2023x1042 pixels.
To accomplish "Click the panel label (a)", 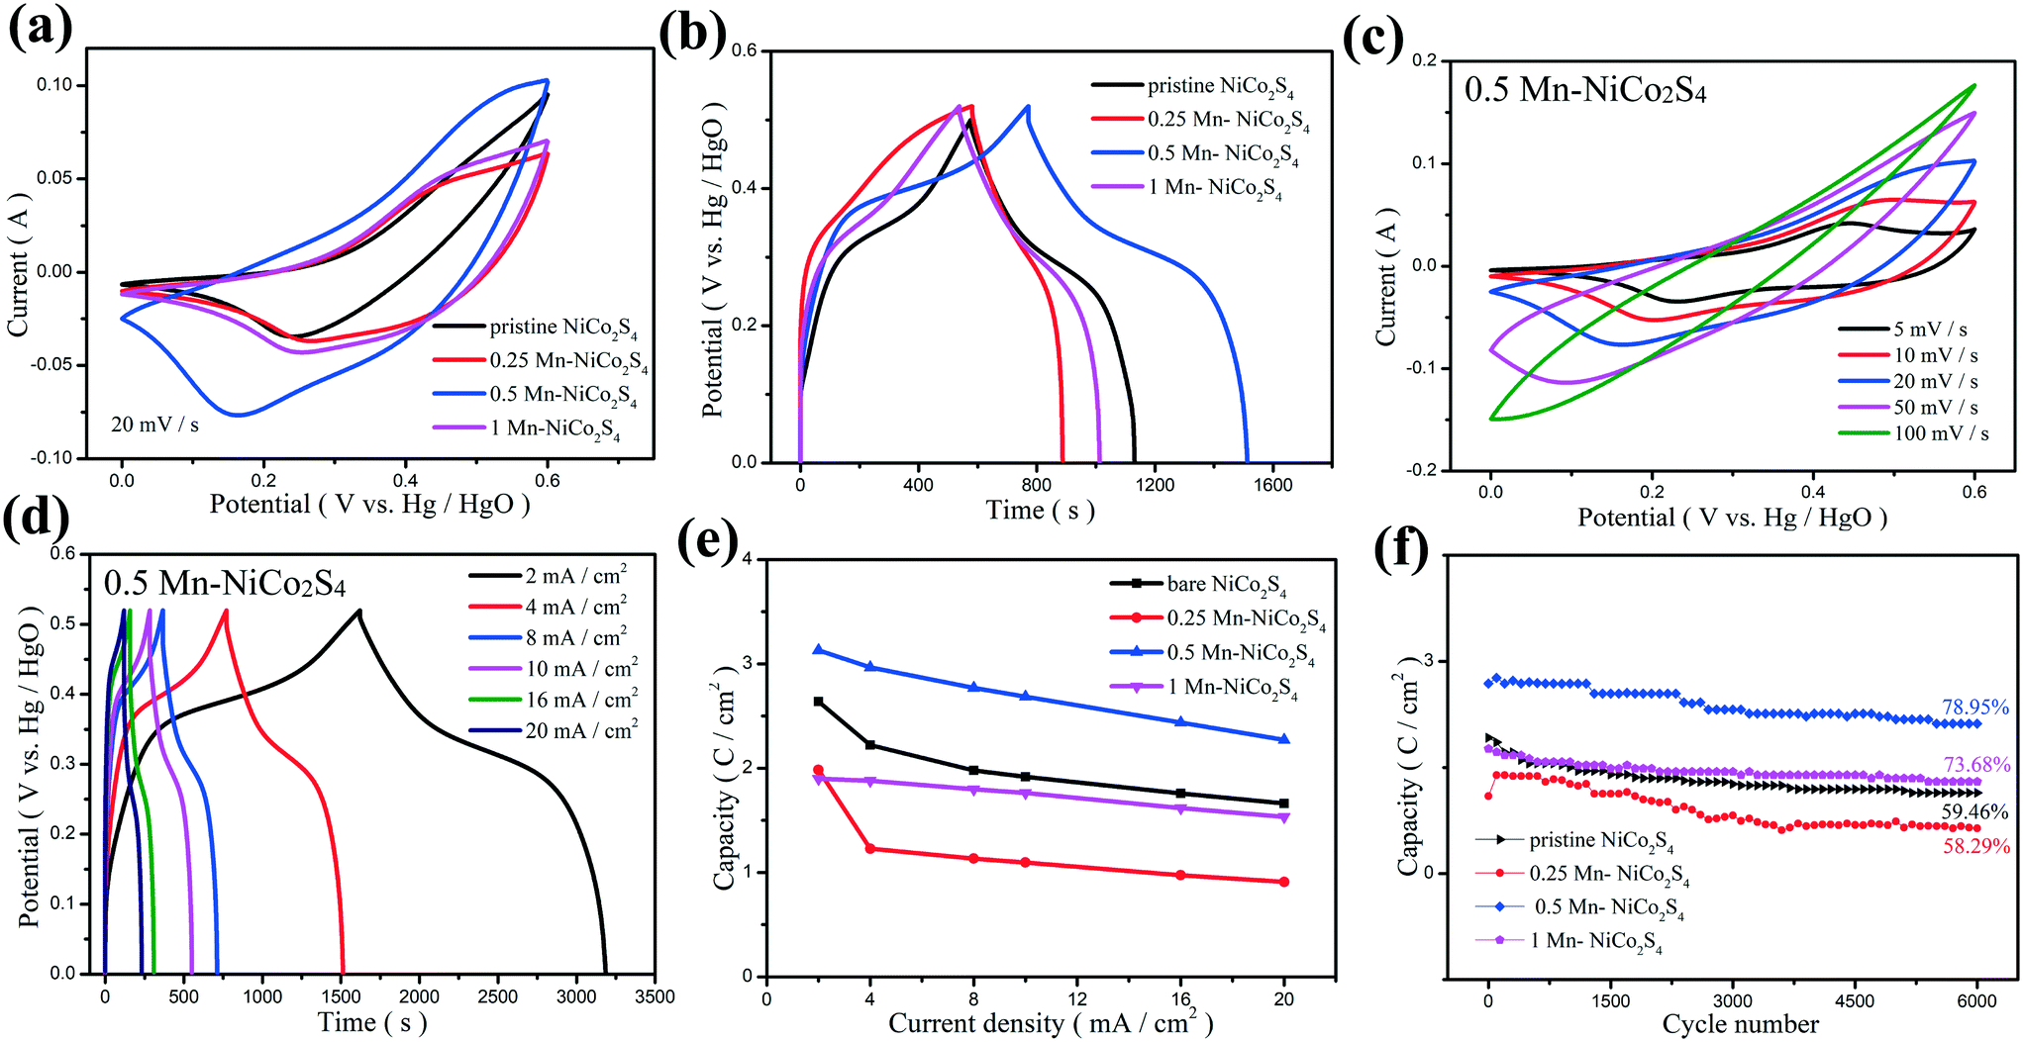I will (x=40, y=27).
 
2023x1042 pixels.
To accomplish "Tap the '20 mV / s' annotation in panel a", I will (x=154, y=425).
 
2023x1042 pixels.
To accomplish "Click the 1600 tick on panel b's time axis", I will (x=1272, y=485).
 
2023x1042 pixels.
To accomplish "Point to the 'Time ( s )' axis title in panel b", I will (x=1040, y=511).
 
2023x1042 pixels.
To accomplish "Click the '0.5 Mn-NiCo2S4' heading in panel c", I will (x=1585, y=90).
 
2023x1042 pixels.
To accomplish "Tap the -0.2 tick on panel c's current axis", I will (x=1424, y=470).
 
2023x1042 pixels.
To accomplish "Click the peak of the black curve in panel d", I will (x=358, y=611).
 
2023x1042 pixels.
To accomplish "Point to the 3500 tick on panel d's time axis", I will (x=655, y=996).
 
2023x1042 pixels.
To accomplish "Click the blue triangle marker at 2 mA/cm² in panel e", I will (x=818, y=650).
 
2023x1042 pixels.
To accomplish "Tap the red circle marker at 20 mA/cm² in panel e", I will (x=1284, y=882).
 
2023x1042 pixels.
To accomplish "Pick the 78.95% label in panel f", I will (x=1974, y=708).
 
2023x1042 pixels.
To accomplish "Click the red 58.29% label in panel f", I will (x=1975, y=846).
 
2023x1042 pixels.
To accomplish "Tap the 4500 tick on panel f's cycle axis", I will (x=1854, y=1001).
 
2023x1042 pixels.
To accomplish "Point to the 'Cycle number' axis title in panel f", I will (x=1740, y=1024).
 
